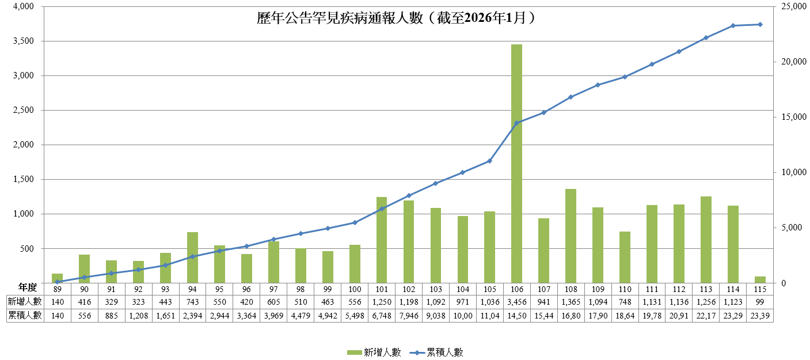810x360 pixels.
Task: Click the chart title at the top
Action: (397, 18)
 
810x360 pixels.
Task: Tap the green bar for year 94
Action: (192, 257)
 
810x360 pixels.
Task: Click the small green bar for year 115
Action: (760, 280)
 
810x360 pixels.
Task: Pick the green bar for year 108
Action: (571, 236)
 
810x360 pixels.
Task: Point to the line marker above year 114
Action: (733, 25)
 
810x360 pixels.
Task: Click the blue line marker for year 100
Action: (355, 222)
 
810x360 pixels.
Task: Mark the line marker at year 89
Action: (58, 282)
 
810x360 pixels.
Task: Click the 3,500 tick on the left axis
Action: (24, 41)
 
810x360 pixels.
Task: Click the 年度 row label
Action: (27, 287)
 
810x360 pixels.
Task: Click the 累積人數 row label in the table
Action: (24, 315)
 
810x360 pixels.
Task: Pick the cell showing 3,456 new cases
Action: (516, 302)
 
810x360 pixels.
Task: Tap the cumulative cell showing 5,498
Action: (355, 315)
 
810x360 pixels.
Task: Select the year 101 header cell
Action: (382, 289)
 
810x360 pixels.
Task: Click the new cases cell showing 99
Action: (760, 302)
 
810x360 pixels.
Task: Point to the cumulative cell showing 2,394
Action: (192, 315)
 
